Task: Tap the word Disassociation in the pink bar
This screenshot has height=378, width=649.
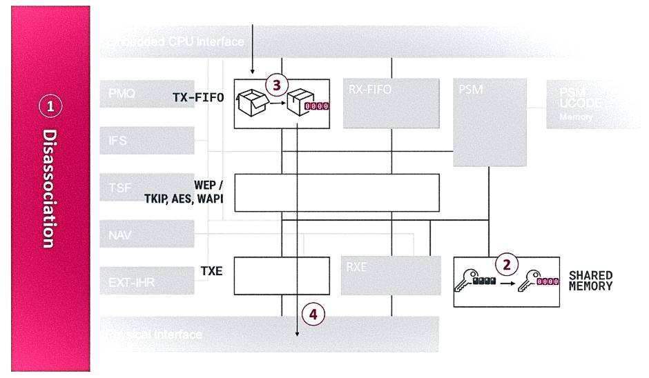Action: pyautogui.click(x=49, y=188)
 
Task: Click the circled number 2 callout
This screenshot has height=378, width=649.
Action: pyautogui.click(x=507, y=264)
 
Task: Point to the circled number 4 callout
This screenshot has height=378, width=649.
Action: pyautogui.click(x=313, y=315)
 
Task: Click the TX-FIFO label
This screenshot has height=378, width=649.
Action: pyautogui.click(x=198, y=98)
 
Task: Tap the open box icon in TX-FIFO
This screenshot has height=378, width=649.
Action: pyautogui.click(x=251, y=102)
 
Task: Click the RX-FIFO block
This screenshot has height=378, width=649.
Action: pyautogui.click(x=391, y=103)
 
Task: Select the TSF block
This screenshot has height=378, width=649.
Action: pyautogui.click(x=146, y=187)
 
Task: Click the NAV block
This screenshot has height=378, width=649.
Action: pyautogui.click(x=146, y=234)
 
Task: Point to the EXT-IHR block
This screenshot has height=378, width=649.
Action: pyautogui.click(x=146, y=281)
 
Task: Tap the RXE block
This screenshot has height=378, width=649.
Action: pyautogui.click(x=391, y=275)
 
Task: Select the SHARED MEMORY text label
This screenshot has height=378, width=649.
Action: pyautogui.click(x=590, y=280)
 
